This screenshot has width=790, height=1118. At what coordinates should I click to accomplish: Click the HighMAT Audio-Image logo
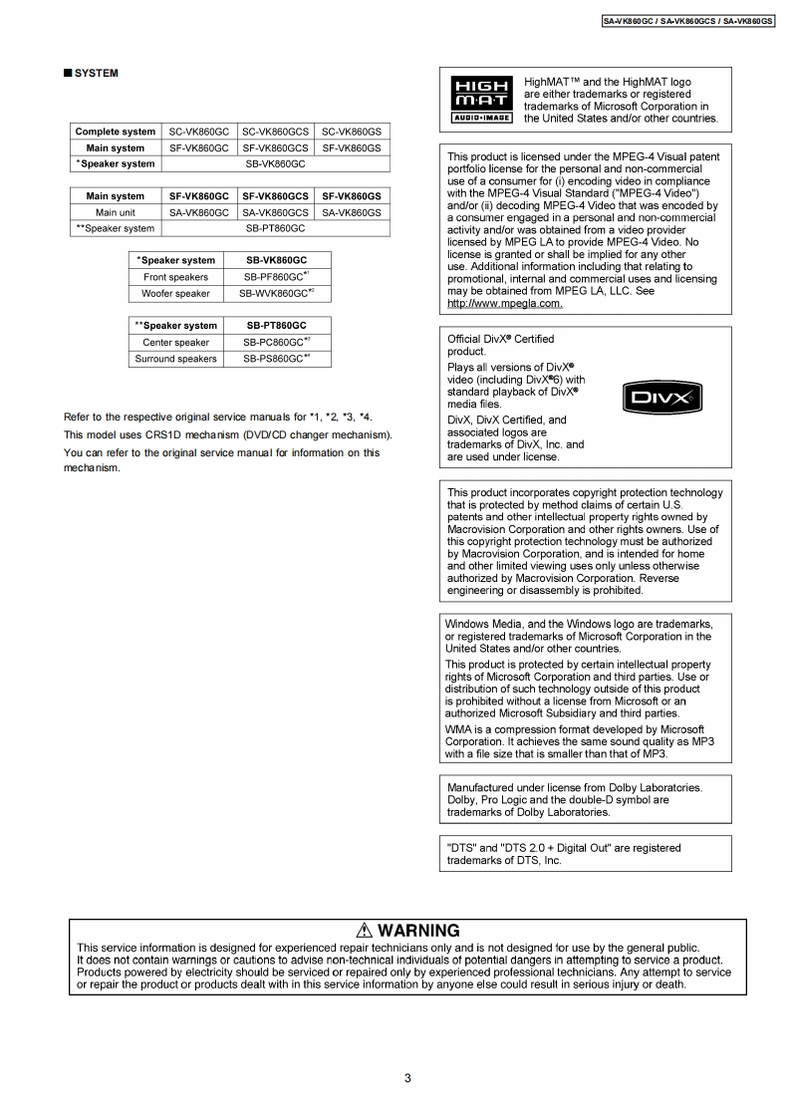(x=482, y=99)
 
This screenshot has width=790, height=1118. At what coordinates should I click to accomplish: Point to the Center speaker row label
(x=176, y=342)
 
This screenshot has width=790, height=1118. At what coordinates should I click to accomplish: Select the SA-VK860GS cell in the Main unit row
(x=352, y=212)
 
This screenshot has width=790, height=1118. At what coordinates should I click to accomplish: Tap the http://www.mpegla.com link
(x=505, y=303)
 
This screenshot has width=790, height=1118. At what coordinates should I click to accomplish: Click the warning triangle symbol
(x=363, y=932)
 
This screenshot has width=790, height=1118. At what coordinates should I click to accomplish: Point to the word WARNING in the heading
(x=418, y=932)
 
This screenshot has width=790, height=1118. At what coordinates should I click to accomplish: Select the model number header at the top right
(x=688, y=20)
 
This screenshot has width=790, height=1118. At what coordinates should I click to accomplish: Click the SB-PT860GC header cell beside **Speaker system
(x=276, y=325)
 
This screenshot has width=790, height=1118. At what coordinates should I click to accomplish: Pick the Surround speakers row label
(x=176, y=359)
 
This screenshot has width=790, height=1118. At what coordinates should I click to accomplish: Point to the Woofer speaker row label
(x=176, y=294)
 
